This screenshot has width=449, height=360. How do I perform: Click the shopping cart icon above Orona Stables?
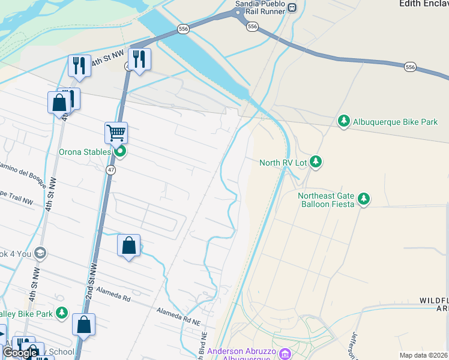116,133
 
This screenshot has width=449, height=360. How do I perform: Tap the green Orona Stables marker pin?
120,152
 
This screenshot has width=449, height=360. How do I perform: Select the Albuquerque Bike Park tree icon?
344,121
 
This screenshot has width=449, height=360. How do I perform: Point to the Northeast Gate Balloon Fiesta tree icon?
363,199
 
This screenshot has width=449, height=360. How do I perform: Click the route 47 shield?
111,170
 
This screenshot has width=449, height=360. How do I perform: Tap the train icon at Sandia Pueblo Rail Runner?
292,7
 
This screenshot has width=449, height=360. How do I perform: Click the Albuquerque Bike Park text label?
395,122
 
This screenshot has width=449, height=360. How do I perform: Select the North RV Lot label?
283,163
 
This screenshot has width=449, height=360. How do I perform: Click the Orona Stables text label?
85,152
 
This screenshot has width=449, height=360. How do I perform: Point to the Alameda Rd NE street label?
178,317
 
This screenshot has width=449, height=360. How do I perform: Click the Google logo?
20,353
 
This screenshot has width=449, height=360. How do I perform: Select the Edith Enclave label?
424,4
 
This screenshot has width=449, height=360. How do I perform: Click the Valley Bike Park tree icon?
61,313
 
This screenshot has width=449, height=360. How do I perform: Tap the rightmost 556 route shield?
410,67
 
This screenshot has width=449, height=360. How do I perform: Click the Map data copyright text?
423,355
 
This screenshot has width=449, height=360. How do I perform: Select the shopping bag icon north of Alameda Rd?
128,245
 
